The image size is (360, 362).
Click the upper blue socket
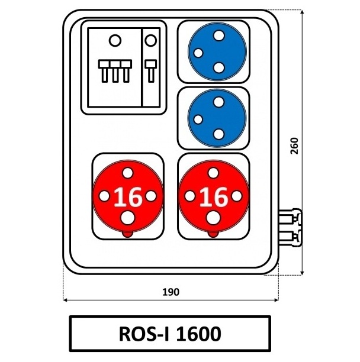pos(217,51)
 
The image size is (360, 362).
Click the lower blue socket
pos(217,118)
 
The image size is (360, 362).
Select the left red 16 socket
pos(128,196)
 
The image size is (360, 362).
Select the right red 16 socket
pos(214,196)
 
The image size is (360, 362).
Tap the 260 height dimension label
pos(294,146)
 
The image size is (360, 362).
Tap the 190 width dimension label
pos(171,292)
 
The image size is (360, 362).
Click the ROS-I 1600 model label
pos(170,334)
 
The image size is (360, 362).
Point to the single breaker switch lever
pos(151,71)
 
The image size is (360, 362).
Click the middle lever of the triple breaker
pos(115,71)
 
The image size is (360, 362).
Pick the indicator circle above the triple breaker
pos(115,41)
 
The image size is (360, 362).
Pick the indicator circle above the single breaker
pos(150,41)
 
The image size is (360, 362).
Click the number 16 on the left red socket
pos(128,196)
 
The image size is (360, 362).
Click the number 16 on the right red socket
pos(214,196)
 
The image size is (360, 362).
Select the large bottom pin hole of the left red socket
pos(128,218)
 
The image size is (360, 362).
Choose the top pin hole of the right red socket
pos(213,173)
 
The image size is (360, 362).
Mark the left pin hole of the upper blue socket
pos(198,53)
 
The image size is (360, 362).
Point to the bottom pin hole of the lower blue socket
pos(218,134)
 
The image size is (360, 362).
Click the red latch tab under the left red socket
pos(128,234)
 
